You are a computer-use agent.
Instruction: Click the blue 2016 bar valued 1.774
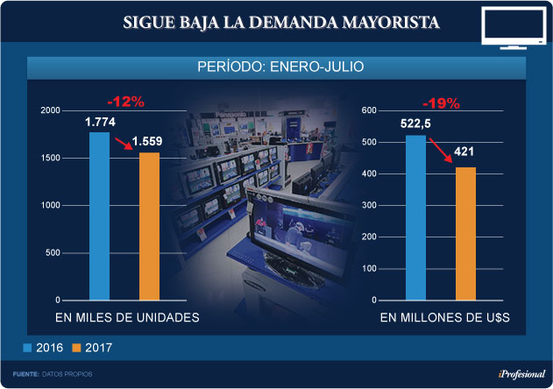[x=99, y=216]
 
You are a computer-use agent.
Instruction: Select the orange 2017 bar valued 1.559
[x=149, y=226]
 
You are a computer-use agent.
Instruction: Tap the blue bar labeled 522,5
[x=415, y=217]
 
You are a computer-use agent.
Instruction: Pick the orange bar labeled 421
[x=465, y=233]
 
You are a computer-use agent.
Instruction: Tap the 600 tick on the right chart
[x=368, y=111]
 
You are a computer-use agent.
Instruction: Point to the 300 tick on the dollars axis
[x=368, y=206]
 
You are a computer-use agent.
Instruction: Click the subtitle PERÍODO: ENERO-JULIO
[x=277, y=67]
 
